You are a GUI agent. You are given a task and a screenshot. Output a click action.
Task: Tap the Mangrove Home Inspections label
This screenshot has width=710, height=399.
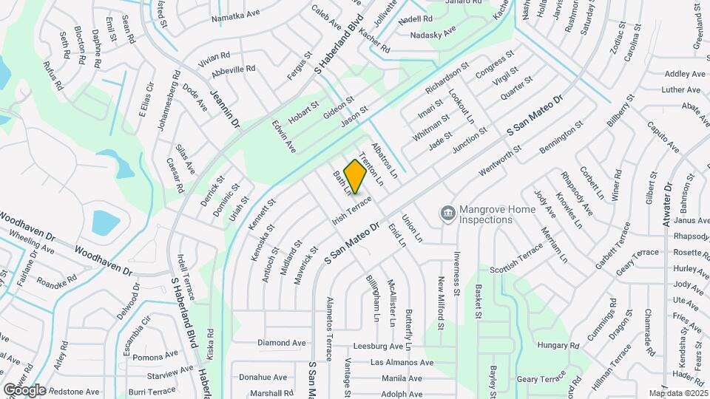497,214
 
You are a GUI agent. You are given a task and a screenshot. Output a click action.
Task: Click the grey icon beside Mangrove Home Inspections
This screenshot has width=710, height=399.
447,214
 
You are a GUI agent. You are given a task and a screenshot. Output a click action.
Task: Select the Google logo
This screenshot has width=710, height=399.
24,389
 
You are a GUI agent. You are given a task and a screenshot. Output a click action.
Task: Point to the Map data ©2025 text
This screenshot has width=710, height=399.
678,393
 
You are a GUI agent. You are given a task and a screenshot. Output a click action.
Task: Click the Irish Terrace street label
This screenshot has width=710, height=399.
352,208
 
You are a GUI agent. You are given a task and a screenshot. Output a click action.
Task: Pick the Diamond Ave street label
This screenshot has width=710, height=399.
282,343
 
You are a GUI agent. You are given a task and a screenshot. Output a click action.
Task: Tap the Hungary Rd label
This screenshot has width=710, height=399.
558,345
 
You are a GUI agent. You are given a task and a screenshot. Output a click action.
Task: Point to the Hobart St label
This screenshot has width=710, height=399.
303,113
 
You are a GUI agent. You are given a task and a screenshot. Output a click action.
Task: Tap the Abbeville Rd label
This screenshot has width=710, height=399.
233,69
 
